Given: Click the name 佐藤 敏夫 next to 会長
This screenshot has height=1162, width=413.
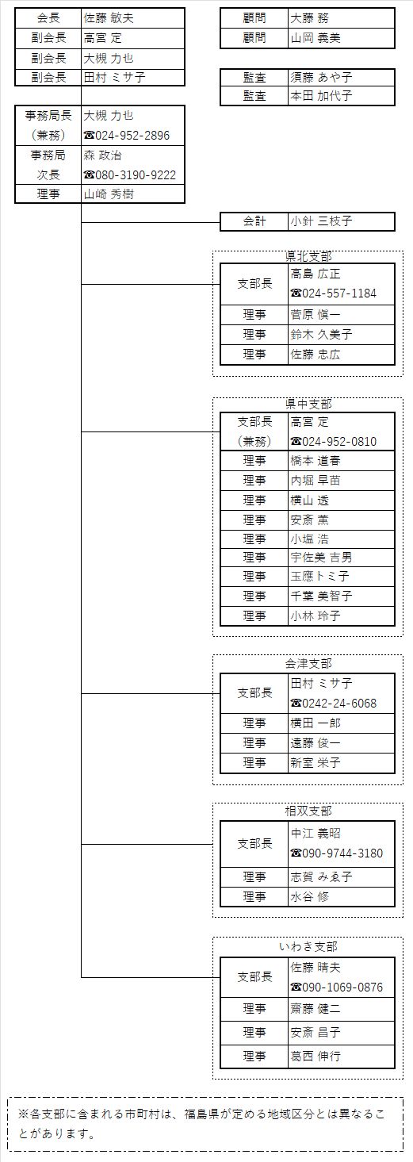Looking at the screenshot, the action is point(109,18).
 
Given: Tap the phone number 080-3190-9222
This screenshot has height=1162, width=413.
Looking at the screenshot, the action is point(136,174).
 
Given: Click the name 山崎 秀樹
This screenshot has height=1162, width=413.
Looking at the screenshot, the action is point(109,194).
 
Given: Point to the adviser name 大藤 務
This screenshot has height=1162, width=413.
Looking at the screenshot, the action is point(309,18).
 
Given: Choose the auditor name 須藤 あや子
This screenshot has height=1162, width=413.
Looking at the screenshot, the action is point(321,77).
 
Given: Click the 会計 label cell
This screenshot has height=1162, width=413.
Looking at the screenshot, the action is point(254,221).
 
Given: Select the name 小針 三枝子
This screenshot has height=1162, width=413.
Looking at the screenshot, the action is point(321,221).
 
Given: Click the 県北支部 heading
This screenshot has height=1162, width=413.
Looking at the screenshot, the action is point(308,256).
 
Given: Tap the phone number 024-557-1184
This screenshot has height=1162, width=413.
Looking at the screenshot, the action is point(339,293).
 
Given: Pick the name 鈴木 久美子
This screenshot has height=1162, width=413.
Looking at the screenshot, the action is point(321,335).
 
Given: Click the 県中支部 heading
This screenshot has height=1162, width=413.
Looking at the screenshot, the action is point(308,404).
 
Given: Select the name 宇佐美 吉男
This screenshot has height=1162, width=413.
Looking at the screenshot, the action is point(321,558).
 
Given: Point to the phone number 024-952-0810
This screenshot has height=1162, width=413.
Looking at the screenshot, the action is point(339,442).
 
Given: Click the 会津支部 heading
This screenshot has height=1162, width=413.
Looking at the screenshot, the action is point(308,663).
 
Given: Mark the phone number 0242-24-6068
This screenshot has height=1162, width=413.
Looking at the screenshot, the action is point(339,704).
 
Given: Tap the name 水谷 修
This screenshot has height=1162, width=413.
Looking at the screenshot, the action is point(309,896).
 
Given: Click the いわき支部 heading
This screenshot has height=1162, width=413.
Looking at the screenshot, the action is point(308,947).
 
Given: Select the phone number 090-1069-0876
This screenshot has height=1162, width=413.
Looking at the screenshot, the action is point(342,988).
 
